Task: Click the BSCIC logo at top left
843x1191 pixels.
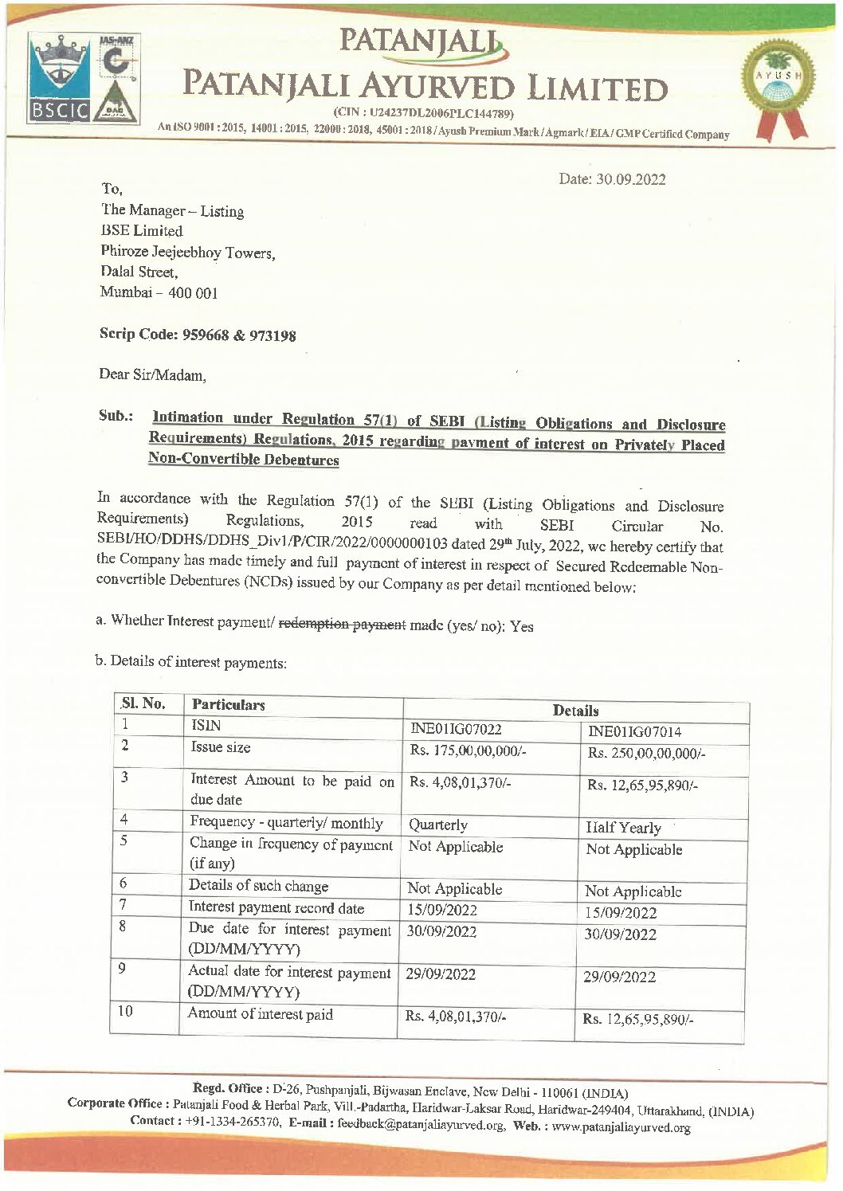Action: coord(57,80)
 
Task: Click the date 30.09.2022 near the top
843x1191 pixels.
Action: coord(612,179)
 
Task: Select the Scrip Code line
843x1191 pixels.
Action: coord(198,335)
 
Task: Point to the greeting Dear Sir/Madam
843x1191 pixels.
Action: coord(152,374)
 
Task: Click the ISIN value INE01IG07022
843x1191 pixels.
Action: coord(456,730)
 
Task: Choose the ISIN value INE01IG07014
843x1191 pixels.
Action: coord(634,732)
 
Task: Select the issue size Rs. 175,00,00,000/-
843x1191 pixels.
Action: coord(468,751)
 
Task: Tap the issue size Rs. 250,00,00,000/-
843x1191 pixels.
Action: coord(646,754)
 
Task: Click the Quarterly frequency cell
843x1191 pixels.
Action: coord(437,825)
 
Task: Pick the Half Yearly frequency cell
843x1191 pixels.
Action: coord(623,828)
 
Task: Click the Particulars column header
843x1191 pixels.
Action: coord(228,705)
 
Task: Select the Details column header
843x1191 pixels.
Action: coord(575,711)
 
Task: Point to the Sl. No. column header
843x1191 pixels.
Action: coord(143,703)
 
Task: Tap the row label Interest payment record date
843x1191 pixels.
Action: coord(276,907)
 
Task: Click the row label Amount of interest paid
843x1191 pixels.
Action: coord(260,1014)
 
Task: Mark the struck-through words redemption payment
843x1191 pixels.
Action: coord(342,623)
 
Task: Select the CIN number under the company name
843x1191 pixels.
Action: coord(423,113)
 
